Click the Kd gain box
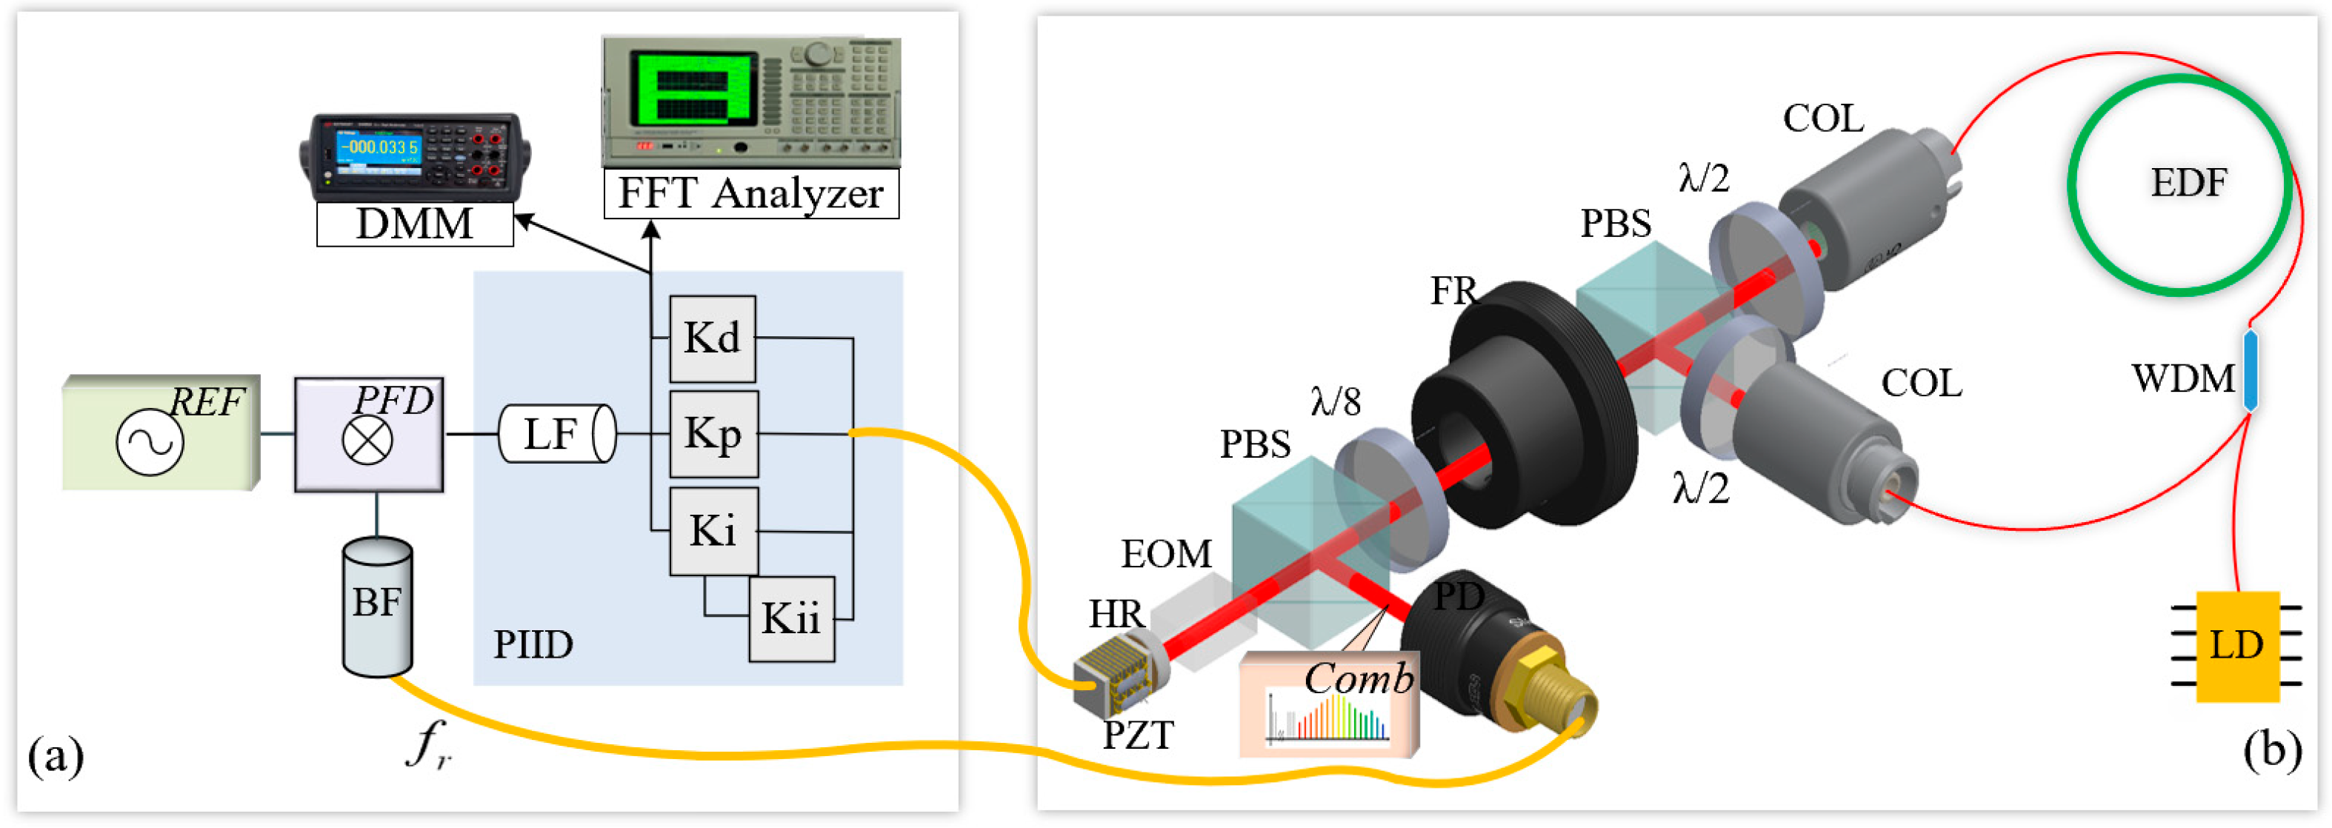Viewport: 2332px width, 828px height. point(712,338)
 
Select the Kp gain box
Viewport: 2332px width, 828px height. point(713,433)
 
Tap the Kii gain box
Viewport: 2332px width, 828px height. point(790,619)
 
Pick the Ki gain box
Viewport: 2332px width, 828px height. point(713,531)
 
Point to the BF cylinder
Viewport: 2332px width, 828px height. point(376,607)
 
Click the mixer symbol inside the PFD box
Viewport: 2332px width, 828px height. point(367,441)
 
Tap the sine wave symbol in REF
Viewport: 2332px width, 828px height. point(150,442)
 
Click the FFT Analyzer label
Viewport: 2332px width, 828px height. point(750,193)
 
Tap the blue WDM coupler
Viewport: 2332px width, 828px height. point(2250,371)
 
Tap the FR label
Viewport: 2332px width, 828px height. point(1452,291)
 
